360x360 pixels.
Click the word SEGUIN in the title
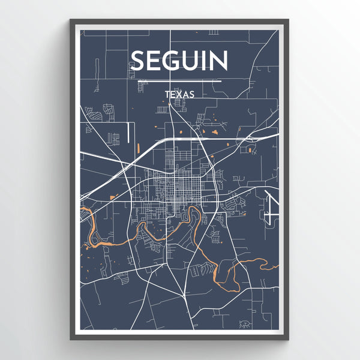[179, 61]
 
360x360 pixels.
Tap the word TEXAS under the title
[179, 94]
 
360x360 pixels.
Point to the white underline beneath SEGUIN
[179, 80]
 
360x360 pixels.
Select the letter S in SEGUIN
[138, 61]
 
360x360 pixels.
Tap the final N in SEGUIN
[220, 61]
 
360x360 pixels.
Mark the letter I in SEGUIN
[208, 61]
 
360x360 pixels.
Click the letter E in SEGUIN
[155, 61]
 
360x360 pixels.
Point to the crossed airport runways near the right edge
[271, 204]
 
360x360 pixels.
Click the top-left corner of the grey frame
[71, 20]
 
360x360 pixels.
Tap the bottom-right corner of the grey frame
[288, 340]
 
